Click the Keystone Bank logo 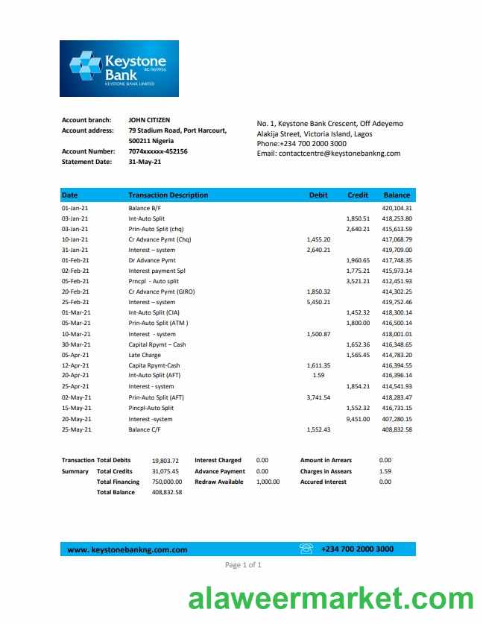click(119, 68)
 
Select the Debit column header click(318, 195)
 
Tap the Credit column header click(358, 195)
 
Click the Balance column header click(397, 195)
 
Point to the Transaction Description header click(168, 195)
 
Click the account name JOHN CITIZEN click(149, 120)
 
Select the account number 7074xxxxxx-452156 click(158, 151)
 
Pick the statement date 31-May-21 click(145, 162)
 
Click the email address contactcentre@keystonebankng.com click(328, 154)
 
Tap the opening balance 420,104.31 click(397, 208)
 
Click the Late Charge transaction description click(145, 355)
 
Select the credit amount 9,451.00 click(358, 419)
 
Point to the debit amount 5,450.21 click(318, 303)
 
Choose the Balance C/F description click(149, 429)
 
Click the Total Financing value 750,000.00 click(167, 482)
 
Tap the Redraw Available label click(219, 482)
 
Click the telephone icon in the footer click(306, 549)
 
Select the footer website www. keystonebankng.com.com click(127, 550)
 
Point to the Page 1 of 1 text click(243, 565)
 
